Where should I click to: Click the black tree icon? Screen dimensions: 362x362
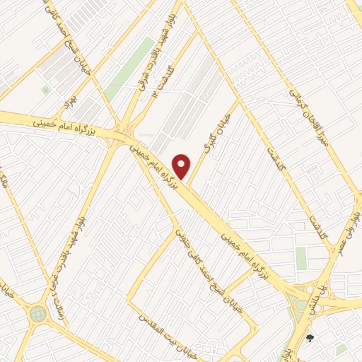click(310, 338)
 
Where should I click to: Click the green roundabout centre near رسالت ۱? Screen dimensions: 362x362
click(38, 313)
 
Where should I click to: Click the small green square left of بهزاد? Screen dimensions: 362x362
click(46, 90)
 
